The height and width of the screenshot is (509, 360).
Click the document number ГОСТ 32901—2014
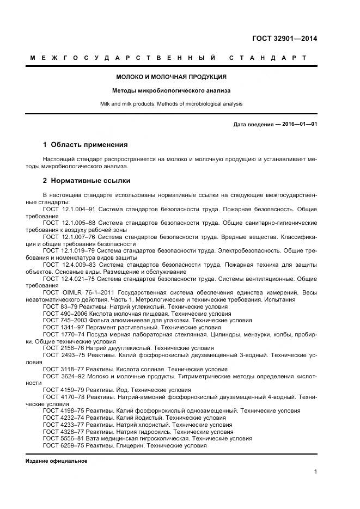pyautogui.click(x=284, y=38)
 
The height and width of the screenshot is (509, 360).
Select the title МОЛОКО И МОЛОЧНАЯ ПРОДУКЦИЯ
pyautogui.click(x=172, y=77)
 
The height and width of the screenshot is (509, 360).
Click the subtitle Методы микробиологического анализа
pyautogui.click(x=172, y=90)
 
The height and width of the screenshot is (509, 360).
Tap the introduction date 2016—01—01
pyautogui.click(x=300, y=124)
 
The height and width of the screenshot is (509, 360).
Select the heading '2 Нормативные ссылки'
pyautogui.click(x=86, y=180)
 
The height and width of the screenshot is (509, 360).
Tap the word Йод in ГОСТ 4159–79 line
pyautogui.click(x=123, y=390)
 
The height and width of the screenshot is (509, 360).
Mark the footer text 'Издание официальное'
pyautogui.click(x=56, y=461)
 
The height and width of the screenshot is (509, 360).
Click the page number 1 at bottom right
pyautogui.click(x=315, y=472)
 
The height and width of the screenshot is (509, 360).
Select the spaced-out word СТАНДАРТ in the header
pyautogui.click(x=268, y=58)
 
